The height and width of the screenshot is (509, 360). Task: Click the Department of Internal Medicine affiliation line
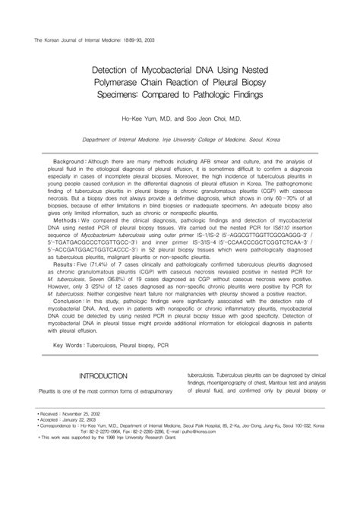click(x=179, y=140)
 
